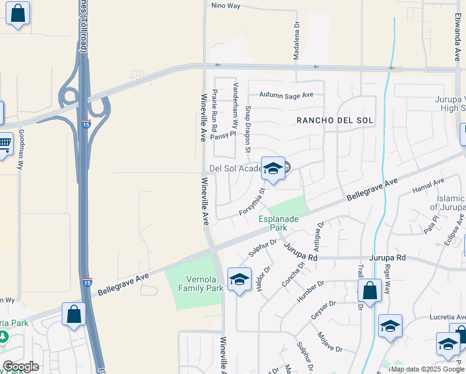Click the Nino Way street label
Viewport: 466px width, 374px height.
[x=226, y=6]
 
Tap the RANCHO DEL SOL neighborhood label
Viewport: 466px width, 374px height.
[x=334, y=120]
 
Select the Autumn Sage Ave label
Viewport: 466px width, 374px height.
[x=287, y=95]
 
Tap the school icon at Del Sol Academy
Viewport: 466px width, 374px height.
[x=273, y=168]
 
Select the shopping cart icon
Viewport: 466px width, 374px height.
[x=5, y=145]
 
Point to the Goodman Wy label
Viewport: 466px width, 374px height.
[x=21, y=150]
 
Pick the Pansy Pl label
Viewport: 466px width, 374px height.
[x=223, y=134]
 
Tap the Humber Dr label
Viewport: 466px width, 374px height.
[x=311, y=290]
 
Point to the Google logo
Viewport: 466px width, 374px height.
[x=21, y=367]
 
